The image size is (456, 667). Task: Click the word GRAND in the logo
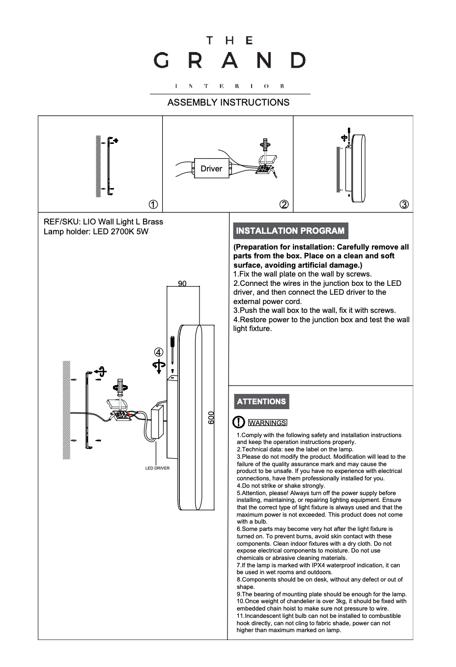229,60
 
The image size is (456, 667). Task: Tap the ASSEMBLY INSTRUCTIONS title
228,102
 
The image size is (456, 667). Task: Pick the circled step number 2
284,204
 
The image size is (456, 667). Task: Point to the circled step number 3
404,204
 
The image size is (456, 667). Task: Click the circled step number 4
158,352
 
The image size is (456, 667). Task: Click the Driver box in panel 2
211,168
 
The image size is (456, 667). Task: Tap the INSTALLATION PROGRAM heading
290,231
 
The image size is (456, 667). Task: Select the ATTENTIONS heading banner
261,401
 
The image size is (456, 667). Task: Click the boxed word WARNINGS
267,423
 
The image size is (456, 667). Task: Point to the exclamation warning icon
238,422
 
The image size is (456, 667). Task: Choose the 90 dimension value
182,284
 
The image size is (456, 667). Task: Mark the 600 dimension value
211,417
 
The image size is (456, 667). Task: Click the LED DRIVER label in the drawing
157,468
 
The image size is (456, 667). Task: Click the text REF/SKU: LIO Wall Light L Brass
103,222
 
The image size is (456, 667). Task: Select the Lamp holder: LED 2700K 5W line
96,231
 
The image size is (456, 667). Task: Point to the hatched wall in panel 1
98,166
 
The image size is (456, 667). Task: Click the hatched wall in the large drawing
66,410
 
